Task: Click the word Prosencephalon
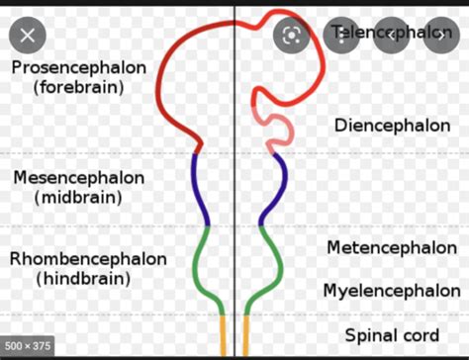(79, 68)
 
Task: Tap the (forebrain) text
(78, 87)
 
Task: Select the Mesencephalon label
(78, 178)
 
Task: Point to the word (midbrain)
(78, 197)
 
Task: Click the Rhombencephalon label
(88, 259)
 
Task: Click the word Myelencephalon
(391, 291)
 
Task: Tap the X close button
(28, 35)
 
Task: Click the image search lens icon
(292, 35)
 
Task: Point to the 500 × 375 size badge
(28, 347)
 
